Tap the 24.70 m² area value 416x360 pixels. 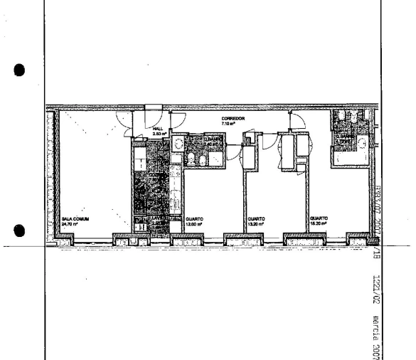click(x=69, y=224)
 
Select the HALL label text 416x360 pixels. click(x=157, y=129)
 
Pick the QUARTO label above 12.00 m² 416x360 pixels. click(x=194, y=219)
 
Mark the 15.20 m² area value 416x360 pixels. click(x=319, y=224)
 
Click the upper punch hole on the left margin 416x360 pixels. click(x=19, y=70)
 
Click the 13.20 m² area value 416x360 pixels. click(x=256, y=224)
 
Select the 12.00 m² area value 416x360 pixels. click(x=194, y=224)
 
